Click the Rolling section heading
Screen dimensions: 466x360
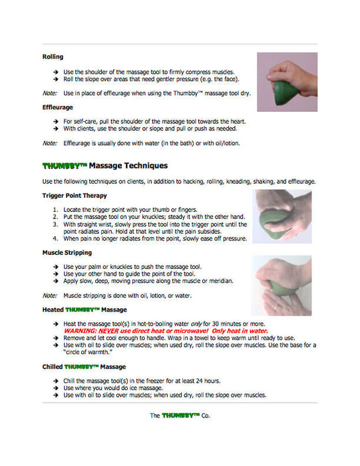click(x=53, y=57)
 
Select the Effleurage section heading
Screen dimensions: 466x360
click(x=57, y=107)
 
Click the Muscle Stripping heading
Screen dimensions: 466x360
click(x=67, y=253)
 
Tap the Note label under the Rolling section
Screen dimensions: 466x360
click(x=49, y=93)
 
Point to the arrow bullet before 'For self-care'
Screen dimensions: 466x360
click(x=55, y=121)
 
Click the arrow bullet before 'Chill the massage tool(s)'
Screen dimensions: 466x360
click(x=55, y=381)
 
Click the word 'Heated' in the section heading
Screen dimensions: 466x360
click(x=53, y=310)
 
